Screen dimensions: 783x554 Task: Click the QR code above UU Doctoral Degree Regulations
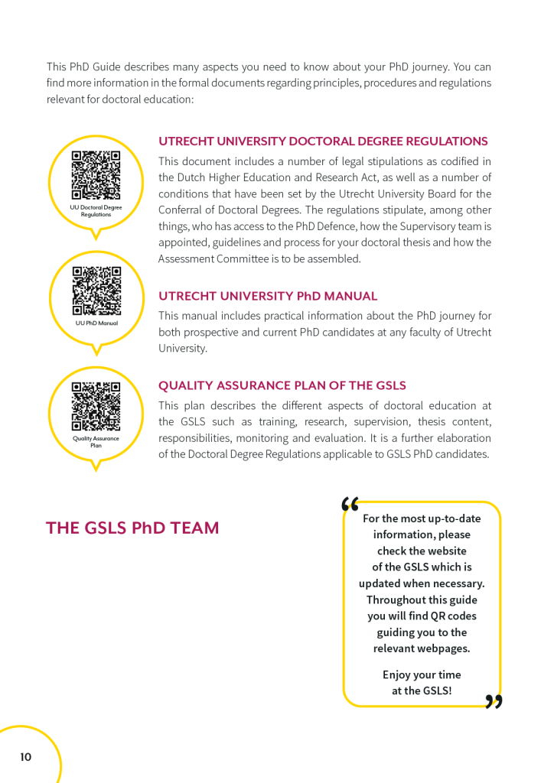[x=96, y=175]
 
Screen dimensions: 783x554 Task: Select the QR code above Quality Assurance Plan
[x=96, y=407]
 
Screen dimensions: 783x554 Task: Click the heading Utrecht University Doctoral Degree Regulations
[x=322, y=141]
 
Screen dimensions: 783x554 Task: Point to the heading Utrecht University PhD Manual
[x=268, y=296]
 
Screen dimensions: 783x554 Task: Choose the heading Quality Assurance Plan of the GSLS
[x=282, y=385]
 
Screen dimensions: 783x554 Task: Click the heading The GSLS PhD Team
[x=132, y=528]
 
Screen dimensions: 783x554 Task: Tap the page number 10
[x=26, y=757]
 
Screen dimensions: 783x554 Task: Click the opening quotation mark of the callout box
[x=350, y=503]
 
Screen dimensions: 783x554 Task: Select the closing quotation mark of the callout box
[x=494, y=701]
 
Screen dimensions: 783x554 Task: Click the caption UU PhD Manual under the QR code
[x=96, y=323]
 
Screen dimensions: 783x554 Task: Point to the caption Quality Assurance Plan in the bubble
[x=96, y=441]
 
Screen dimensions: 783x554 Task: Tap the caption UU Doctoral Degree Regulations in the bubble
[x=96, y=211]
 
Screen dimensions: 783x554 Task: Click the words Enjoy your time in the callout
[x=422, y=674]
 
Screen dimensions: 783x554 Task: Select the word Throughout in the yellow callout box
[x=396, y=599]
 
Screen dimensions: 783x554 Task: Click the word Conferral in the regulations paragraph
[x=181, y=210]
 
